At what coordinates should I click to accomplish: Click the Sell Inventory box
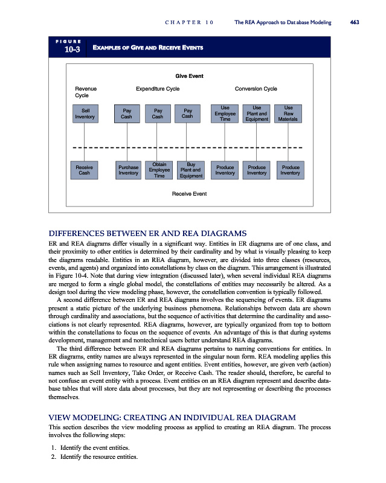point(85,114)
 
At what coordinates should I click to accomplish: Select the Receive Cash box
point(85,170)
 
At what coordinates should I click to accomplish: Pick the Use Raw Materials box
point(289,114)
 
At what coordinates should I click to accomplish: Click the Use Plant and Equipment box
point(257,114)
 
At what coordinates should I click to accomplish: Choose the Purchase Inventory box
point(128,170)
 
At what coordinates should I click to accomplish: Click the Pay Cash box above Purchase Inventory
point(126,114)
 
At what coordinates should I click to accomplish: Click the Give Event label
point(189,76)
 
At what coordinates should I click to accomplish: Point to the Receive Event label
point(189,194)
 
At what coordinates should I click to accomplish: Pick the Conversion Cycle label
point(256,89)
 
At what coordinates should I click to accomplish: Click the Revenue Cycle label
point(85,92)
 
